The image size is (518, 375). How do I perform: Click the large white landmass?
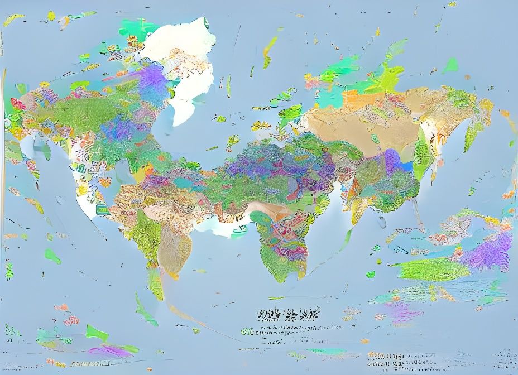coord(184,67)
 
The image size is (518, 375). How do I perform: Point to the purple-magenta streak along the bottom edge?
coord(109,351)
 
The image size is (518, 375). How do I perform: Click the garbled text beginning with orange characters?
coord(385,357)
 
